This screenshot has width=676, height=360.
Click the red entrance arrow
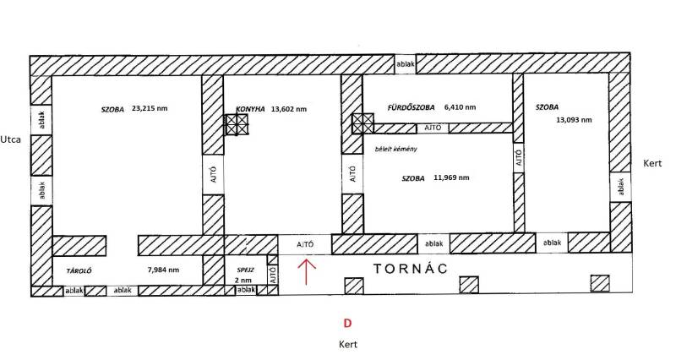[306, 271]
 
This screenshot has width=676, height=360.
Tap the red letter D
[347, 324]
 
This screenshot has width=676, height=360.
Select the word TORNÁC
[411, 269]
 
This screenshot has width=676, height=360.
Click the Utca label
[10, 139]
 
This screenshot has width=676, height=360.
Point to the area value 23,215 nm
[150, 109]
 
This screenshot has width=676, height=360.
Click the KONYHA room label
[250, 110]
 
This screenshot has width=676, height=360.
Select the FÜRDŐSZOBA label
[411, 107]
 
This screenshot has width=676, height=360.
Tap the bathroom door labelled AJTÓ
[433, 128]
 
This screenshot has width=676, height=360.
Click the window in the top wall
[406, 65]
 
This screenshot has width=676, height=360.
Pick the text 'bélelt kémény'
[396, 150]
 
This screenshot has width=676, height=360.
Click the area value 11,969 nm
[451, 177]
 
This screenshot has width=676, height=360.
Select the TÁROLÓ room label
[79, 271]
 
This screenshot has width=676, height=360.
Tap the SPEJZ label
[245, 270]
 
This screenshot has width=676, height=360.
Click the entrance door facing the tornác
[305, 244]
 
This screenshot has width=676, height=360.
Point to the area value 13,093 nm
[574, 120]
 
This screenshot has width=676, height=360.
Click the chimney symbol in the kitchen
[237, 125]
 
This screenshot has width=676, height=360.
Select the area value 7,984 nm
[163, 270]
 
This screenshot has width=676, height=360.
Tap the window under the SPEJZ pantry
[246, 290]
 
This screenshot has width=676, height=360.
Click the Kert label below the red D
[348, 345]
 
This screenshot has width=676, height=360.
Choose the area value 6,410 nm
[460, 107]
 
